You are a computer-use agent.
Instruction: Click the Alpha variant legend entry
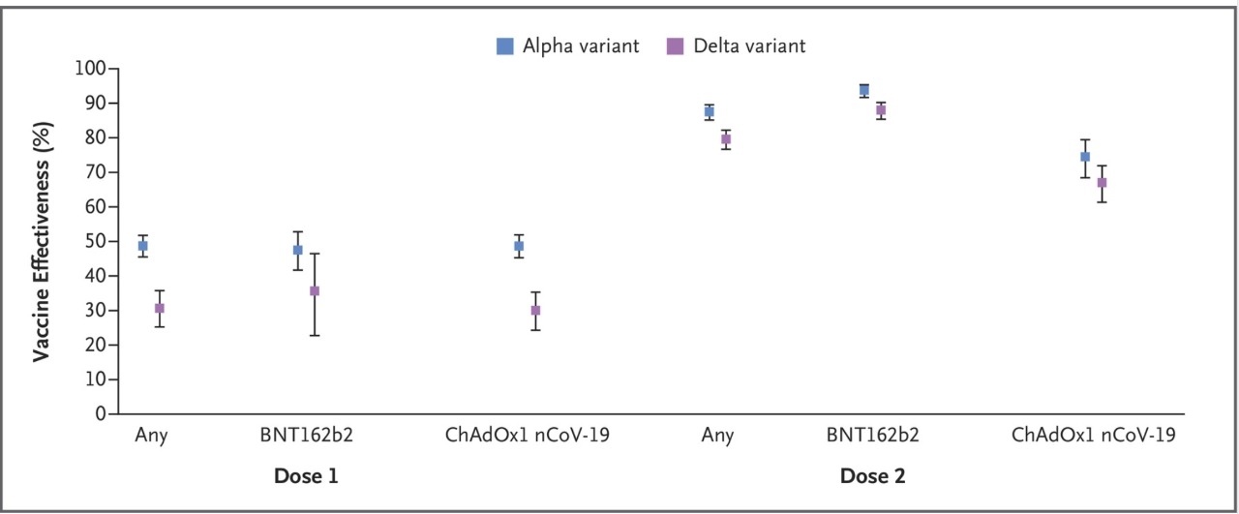coord(568,45)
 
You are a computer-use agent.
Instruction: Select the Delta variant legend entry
coord(736,45)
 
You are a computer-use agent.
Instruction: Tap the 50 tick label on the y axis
coord(95,241)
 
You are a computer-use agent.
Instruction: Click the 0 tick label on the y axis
coord(100,413)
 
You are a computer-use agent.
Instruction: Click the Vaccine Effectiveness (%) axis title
coord(42,242)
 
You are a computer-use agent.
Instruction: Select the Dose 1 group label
coord(306,476)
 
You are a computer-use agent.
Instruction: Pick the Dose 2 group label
coord(872,476)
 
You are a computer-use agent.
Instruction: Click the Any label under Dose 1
coord(151,435)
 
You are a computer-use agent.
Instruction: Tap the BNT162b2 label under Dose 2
coord(873,435)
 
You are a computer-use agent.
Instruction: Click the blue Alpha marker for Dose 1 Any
coord(142,246)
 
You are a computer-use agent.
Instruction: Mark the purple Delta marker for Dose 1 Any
coord(160,308)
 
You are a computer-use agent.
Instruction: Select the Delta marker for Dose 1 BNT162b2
coord(315,290)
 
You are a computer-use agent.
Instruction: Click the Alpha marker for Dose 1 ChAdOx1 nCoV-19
coord(519,246)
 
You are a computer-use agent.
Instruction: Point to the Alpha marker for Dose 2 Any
coord(709,111)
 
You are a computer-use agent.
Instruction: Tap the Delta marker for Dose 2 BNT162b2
coord(881,109)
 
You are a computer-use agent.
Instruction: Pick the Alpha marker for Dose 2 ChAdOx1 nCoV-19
coord(1085,157)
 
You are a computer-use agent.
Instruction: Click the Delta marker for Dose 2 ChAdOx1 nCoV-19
coord(1102,183)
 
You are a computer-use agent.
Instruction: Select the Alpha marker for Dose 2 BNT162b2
coord(864,90)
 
